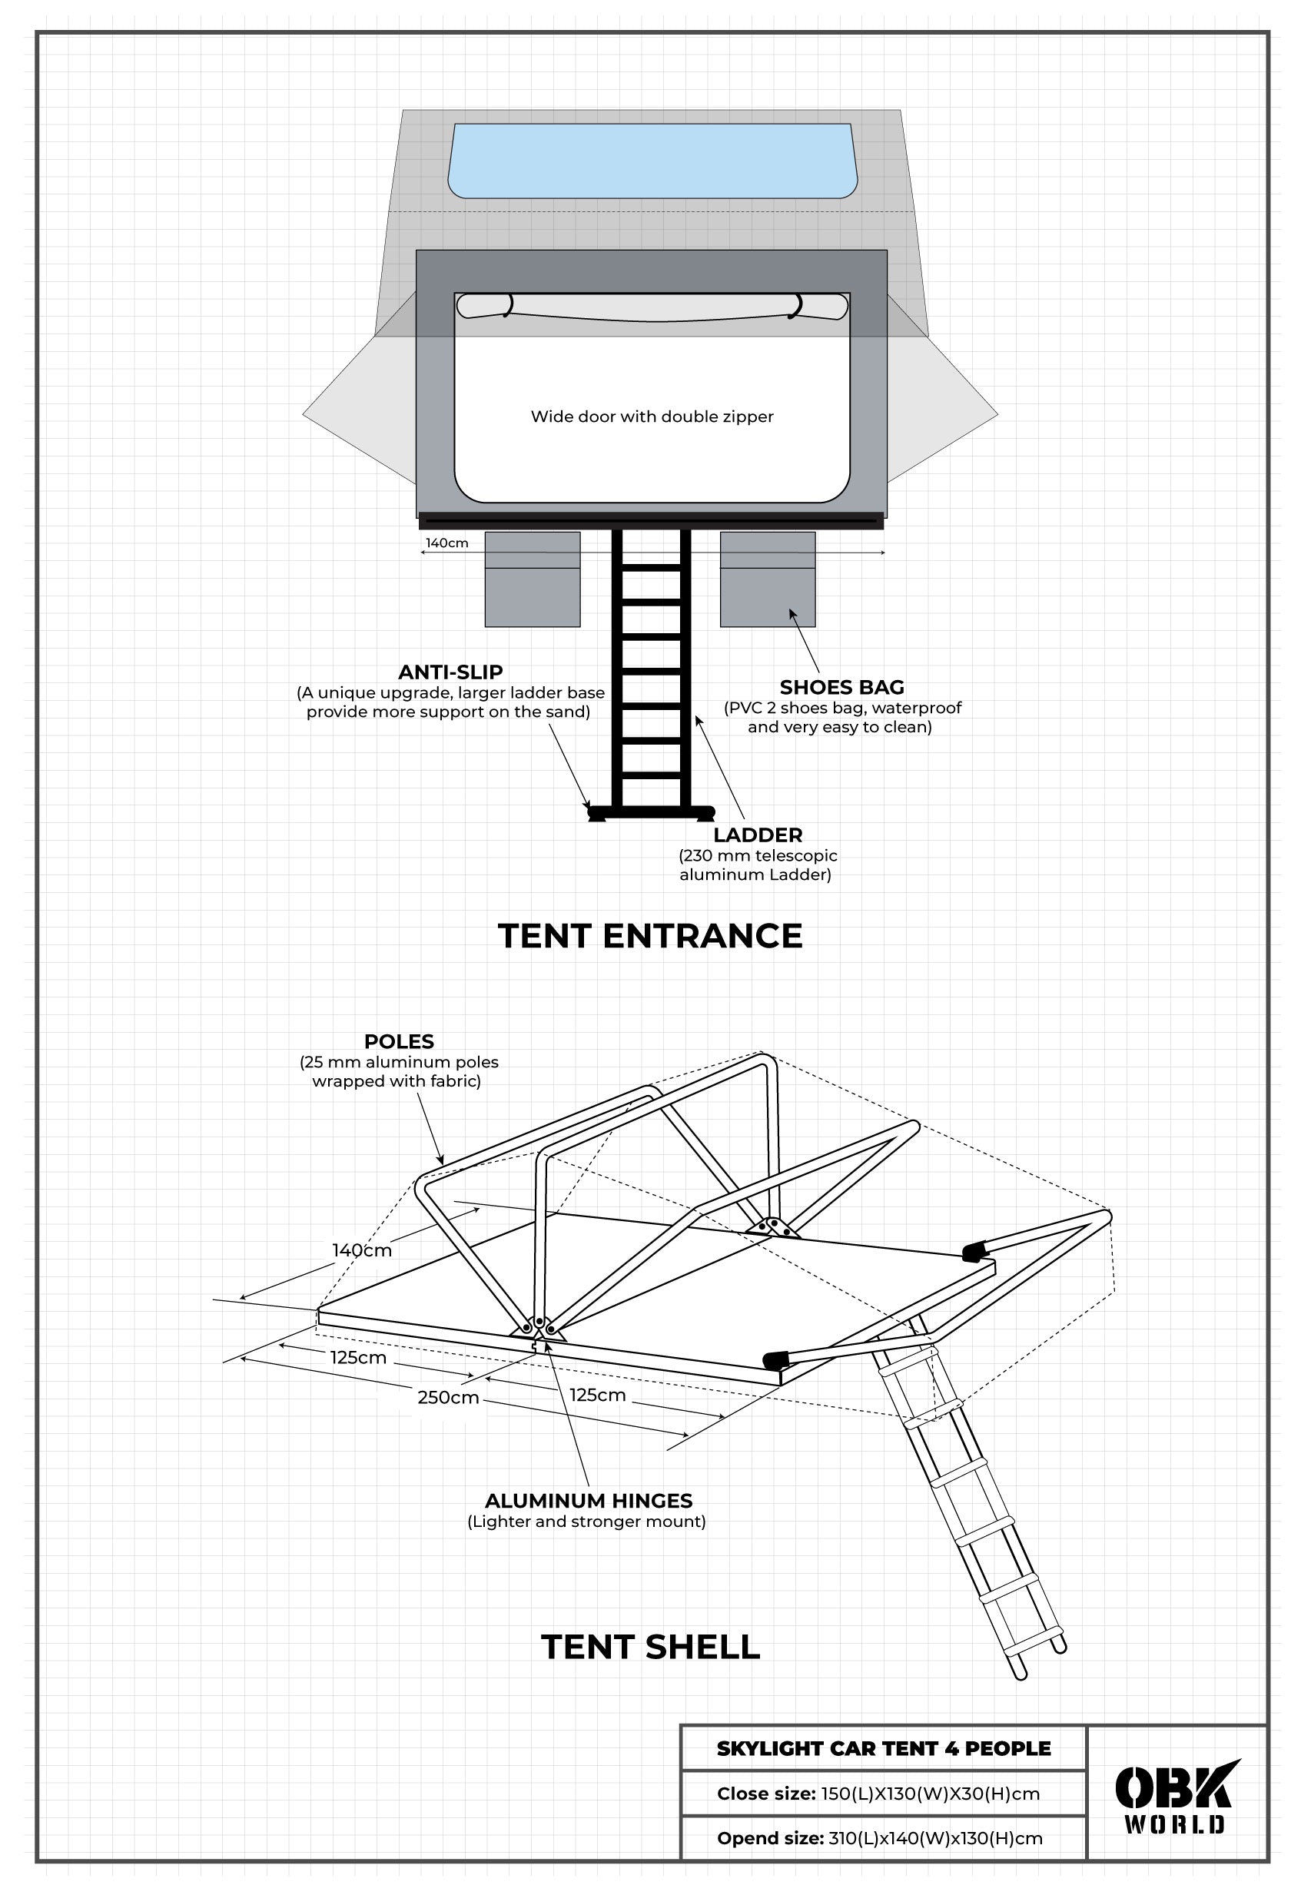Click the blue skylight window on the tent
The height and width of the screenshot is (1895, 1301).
652,161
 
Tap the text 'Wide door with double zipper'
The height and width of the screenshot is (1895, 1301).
652,417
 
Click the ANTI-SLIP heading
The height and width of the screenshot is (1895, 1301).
450,672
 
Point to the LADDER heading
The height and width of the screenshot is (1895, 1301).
757,835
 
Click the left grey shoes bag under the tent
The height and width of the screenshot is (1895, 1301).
533,579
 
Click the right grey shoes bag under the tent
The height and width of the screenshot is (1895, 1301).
767,579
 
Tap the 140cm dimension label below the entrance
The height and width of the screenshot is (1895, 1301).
446,543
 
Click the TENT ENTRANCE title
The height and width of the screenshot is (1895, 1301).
649,935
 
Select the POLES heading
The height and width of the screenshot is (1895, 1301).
399,1041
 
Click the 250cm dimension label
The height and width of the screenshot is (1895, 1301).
447,1398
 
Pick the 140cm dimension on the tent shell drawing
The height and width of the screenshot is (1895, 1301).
361,1251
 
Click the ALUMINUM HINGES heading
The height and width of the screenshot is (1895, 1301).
588,1501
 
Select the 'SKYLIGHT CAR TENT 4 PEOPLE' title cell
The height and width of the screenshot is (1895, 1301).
883,1748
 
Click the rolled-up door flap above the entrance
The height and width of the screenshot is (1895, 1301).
652,307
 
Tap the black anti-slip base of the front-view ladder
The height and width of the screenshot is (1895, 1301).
650,812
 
